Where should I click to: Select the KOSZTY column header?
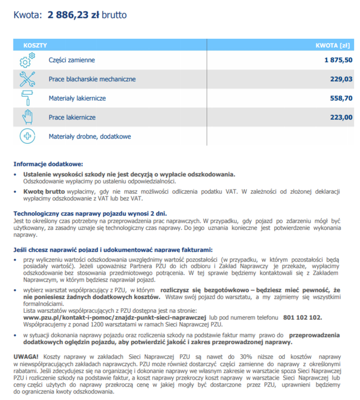35,46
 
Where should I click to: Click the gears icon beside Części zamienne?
27,60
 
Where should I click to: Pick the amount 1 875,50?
338,60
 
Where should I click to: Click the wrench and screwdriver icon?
27,79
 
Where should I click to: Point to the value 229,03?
341,79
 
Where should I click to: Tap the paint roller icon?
27,98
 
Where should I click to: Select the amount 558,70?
341,99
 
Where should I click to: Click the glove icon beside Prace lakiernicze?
27,117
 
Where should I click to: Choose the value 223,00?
341,117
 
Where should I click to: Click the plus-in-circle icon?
27,136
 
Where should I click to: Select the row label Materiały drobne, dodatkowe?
89,137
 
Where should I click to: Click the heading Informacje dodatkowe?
48,164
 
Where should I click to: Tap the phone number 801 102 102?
302,318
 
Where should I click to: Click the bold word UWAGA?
26,357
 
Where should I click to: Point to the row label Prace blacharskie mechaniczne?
92,80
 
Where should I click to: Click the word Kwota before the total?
26,15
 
